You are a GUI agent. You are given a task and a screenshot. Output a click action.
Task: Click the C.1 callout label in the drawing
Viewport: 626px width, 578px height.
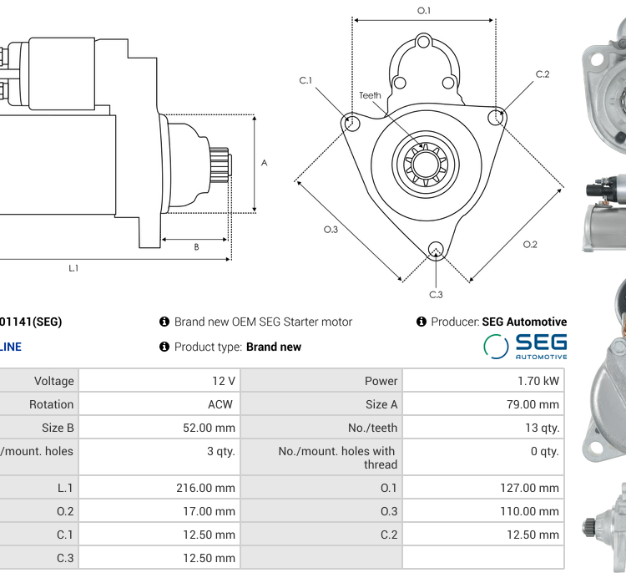[x=305, y=80]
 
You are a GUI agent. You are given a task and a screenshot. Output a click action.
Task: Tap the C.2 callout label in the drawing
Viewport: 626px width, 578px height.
[x=543, y=74]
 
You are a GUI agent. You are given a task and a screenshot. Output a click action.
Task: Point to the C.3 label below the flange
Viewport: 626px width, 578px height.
[x=436, y=294]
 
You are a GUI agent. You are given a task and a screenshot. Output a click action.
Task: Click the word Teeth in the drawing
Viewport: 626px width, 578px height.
[x=370, y=95]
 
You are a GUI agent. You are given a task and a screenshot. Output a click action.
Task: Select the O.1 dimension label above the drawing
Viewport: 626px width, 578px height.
[x=424, y=10]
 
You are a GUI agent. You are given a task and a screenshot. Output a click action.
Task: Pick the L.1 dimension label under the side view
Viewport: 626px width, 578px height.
[x=73, y=268]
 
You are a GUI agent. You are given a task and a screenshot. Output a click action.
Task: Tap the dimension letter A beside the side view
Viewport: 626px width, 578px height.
[x=265, y=163]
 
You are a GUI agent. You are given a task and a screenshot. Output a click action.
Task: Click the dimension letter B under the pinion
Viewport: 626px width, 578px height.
[x=196, y=246]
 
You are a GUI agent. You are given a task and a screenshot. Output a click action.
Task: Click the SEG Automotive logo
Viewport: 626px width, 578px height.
[x=525, y=346]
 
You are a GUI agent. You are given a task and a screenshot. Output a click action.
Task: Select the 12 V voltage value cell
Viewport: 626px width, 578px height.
[x=223, y=381]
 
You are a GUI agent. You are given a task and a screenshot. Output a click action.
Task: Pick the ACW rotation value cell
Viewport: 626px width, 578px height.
[x=222, y=404]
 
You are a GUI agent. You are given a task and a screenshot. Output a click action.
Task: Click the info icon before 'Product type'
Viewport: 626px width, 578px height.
[x=164, y=347]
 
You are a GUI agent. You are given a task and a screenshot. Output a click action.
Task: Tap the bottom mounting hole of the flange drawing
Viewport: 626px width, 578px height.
[x=435, y=248]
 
